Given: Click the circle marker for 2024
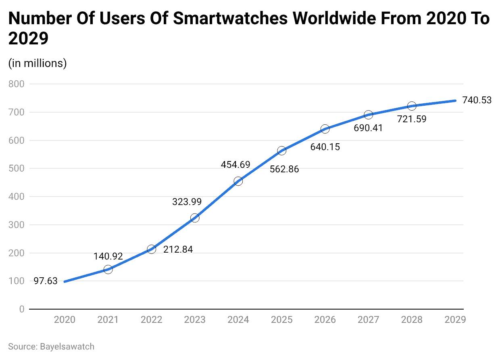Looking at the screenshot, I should click(238, 181).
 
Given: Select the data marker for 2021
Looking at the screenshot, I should click(108, 269).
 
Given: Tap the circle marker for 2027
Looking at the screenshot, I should click(368, 115).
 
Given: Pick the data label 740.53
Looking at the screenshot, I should click(477, 100).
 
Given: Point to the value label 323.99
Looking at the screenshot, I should click(187, 202).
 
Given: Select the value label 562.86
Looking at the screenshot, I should click(284, 169).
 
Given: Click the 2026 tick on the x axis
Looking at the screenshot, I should click(325, 320).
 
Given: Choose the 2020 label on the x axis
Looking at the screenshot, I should click(65, 320).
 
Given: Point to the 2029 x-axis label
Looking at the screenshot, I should click(455, 320).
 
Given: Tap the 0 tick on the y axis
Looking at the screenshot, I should click(21, 309).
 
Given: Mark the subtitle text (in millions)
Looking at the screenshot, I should click(37, 63).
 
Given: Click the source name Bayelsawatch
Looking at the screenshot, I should click(67, 346).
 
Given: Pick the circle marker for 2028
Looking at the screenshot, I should click(412, 106).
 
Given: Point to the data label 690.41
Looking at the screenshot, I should click(368, 128).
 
